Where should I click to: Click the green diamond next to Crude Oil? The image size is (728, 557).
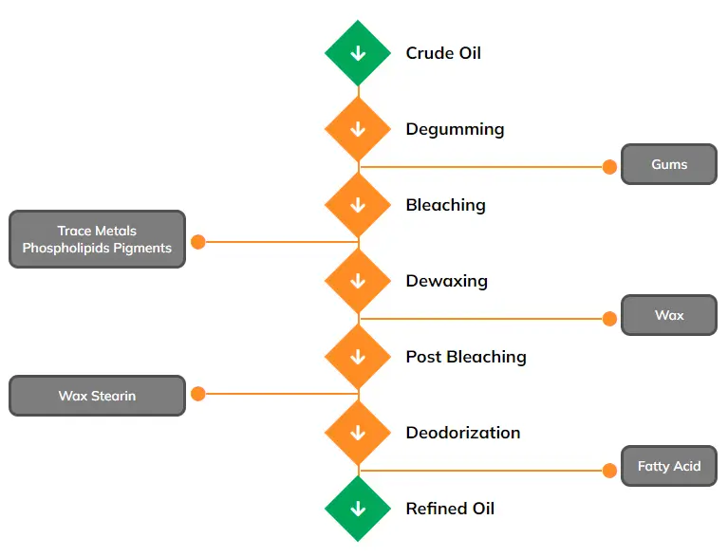[x=358, y=53]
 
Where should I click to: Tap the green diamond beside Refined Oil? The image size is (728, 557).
[x=358, y=509]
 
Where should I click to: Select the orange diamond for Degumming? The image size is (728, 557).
[x=358, y=129]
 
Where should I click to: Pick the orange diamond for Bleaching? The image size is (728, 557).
[x=358, y=205]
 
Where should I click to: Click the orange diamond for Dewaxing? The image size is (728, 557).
[x=358, y=281]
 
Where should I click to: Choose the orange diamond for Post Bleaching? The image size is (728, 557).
[x=358, y=357]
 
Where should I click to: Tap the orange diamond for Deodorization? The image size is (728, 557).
[x=358, y=433]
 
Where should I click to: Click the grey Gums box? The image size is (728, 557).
[x=668, y=164]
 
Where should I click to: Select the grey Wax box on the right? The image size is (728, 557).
[x=668, y=315]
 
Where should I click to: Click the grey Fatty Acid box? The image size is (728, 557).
[x=668, y=466]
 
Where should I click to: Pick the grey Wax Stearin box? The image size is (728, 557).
[x=97, y=396]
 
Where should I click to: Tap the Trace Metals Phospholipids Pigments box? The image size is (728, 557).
[x=97, y=239]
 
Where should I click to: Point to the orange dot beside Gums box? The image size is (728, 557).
[x=609, y=167]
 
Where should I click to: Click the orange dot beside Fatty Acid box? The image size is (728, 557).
[x=609, y=470]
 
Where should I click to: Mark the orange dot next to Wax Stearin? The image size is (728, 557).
[x=198, y=394]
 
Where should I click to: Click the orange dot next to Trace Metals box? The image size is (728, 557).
[x=198, y=242]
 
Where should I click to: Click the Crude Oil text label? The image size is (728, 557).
[x=443, y=53]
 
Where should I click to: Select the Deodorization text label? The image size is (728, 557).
[x=463, y=433]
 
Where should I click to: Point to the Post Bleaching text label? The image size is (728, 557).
[x=466, y=357]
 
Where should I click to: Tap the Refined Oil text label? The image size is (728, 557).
[x=450, y=509]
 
